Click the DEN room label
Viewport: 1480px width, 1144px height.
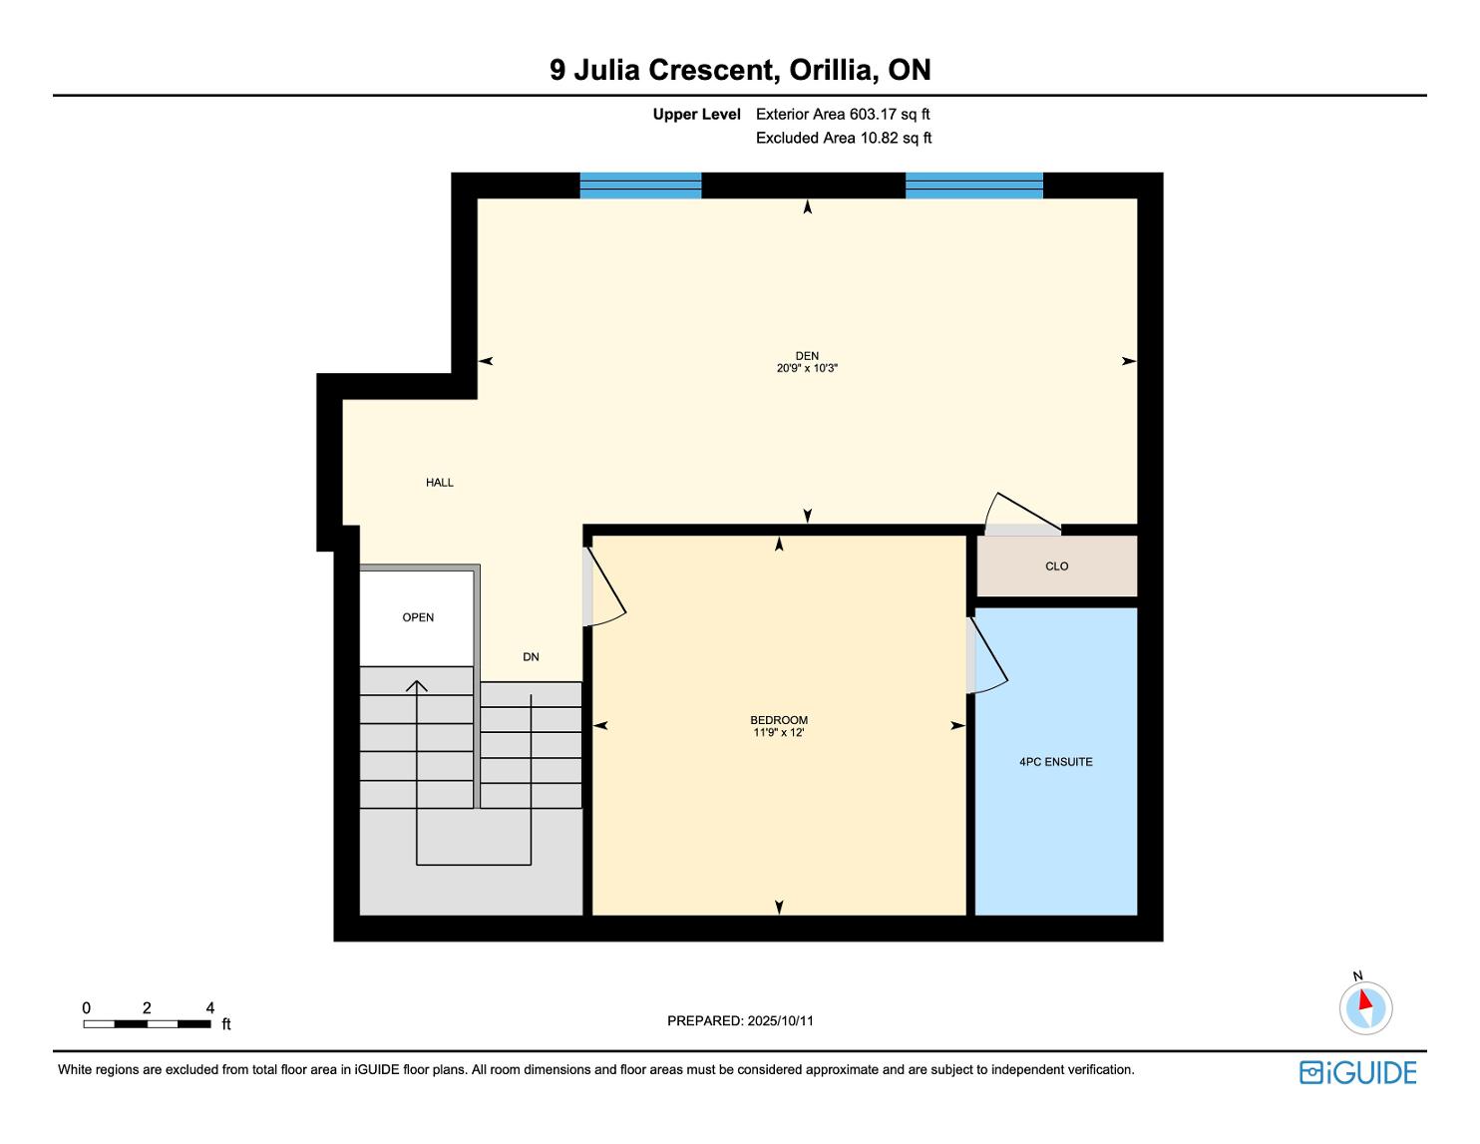tap(807, 355)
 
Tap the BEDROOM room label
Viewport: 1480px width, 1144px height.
tap(779, 720)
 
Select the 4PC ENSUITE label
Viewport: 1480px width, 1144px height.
tap(1055, 762)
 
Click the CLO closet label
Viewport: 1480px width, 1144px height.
tap(1056, 566)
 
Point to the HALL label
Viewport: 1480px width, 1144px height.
tap(439, 482)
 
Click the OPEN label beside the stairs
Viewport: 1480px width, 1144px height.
tap(418, 617)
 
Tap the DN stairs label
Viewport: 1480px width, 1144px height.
tap(531, 656)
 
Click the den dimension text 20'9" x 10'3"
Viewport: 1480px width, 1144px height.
tap(807, 368)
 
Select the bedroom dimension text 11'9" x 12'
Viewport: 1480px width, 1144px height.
tap(779, 733)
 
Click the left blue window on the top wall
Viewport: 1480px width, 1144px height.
tap(640, 186)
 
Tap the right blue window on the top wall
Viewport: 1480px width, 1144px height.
tap(974, 186)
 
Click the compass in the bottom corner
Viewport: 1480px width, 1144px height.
tap(1365, 1007)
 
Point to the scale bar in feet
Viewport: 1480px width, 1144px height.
tap(148, 1023)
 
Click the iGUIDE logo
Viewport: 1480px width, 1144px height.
tap(1357, 1072)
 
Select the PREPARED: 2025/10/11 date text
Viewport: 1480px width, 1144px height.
tap(740, 1020)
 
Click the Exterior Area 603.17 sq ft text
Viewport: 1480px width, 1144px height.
tap(843, 115)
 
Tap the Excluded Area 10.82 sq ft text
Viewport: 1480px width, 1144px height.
tap(843, 139)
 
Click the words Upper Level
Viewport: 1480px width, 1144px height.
tap(696, 115)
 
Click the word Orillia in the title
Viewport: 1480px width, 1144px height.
tap(830, 71)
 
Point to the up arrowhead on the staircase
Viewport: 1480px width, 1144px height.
tap(416, 686)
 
